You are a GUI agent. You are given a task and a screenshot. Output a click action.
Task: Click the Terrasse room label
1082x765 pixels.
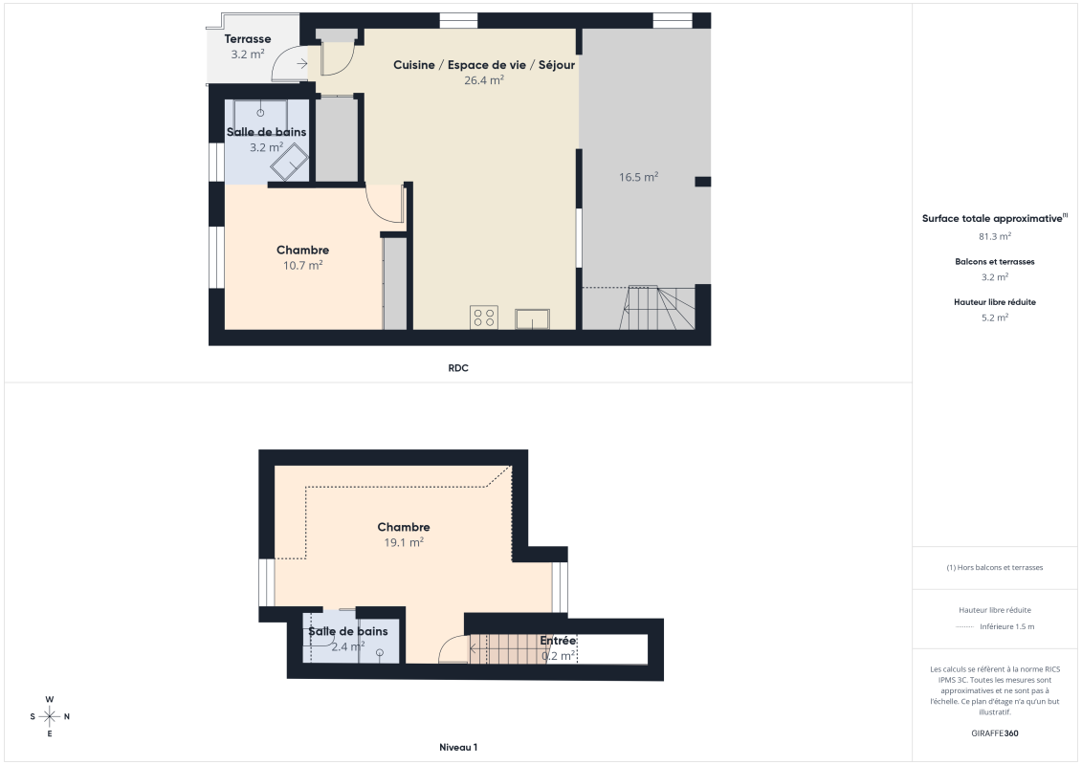pos(248,39)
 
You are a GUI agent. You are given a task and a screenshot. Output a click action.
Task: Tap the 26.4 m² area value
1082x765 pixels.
pos(484,80)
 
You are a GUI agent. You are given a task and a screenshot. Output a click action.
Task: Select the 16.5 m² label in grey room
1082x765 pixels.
pos(638,177)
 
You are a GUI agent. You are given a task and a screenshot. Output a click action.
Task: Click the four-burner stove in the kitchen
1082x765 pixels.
pos(484,317)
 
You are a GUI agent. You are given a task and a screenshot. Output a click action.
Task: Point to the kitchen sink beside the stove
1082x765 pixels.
pos(531,318)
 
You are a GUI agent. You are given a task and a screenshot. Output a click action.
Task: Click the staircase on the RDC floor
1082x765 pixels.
pos(660,307)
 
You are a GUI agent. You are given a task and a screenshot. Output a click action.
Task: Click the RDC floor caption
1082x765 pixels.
pos(458,368)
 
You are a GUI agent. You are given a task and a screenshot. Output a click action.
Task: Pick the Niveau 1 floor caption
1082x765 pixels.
pos(458,747)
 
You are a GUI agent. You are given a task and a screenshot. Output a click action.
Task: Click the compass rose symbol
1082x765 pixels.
pos(50,716)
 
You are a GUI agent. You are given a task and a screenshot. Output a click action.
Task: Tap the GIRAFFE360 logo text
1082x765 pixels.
pos(995,734)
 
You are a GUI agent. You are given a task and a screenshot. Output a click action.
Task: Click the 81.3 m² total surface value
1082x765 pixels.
pos(995,236)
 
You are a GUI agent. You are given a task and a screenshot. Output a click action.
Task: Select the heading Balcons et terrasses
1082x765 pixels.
pos(995,261)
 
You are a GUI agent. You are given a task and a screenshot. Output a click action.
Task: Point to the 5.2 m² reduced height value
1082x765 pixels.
pos(995,317)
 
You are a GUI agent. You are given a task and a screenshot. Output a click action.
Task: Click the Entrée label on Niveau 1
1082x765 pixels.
pos(558,641)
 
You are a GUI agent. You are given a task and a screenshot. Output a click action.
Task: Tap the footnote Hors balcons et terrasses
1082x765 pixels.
pos(995,567)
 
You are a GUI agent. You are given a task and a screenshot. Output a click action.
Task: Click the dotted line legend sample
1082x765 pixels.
pos(964,627)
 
